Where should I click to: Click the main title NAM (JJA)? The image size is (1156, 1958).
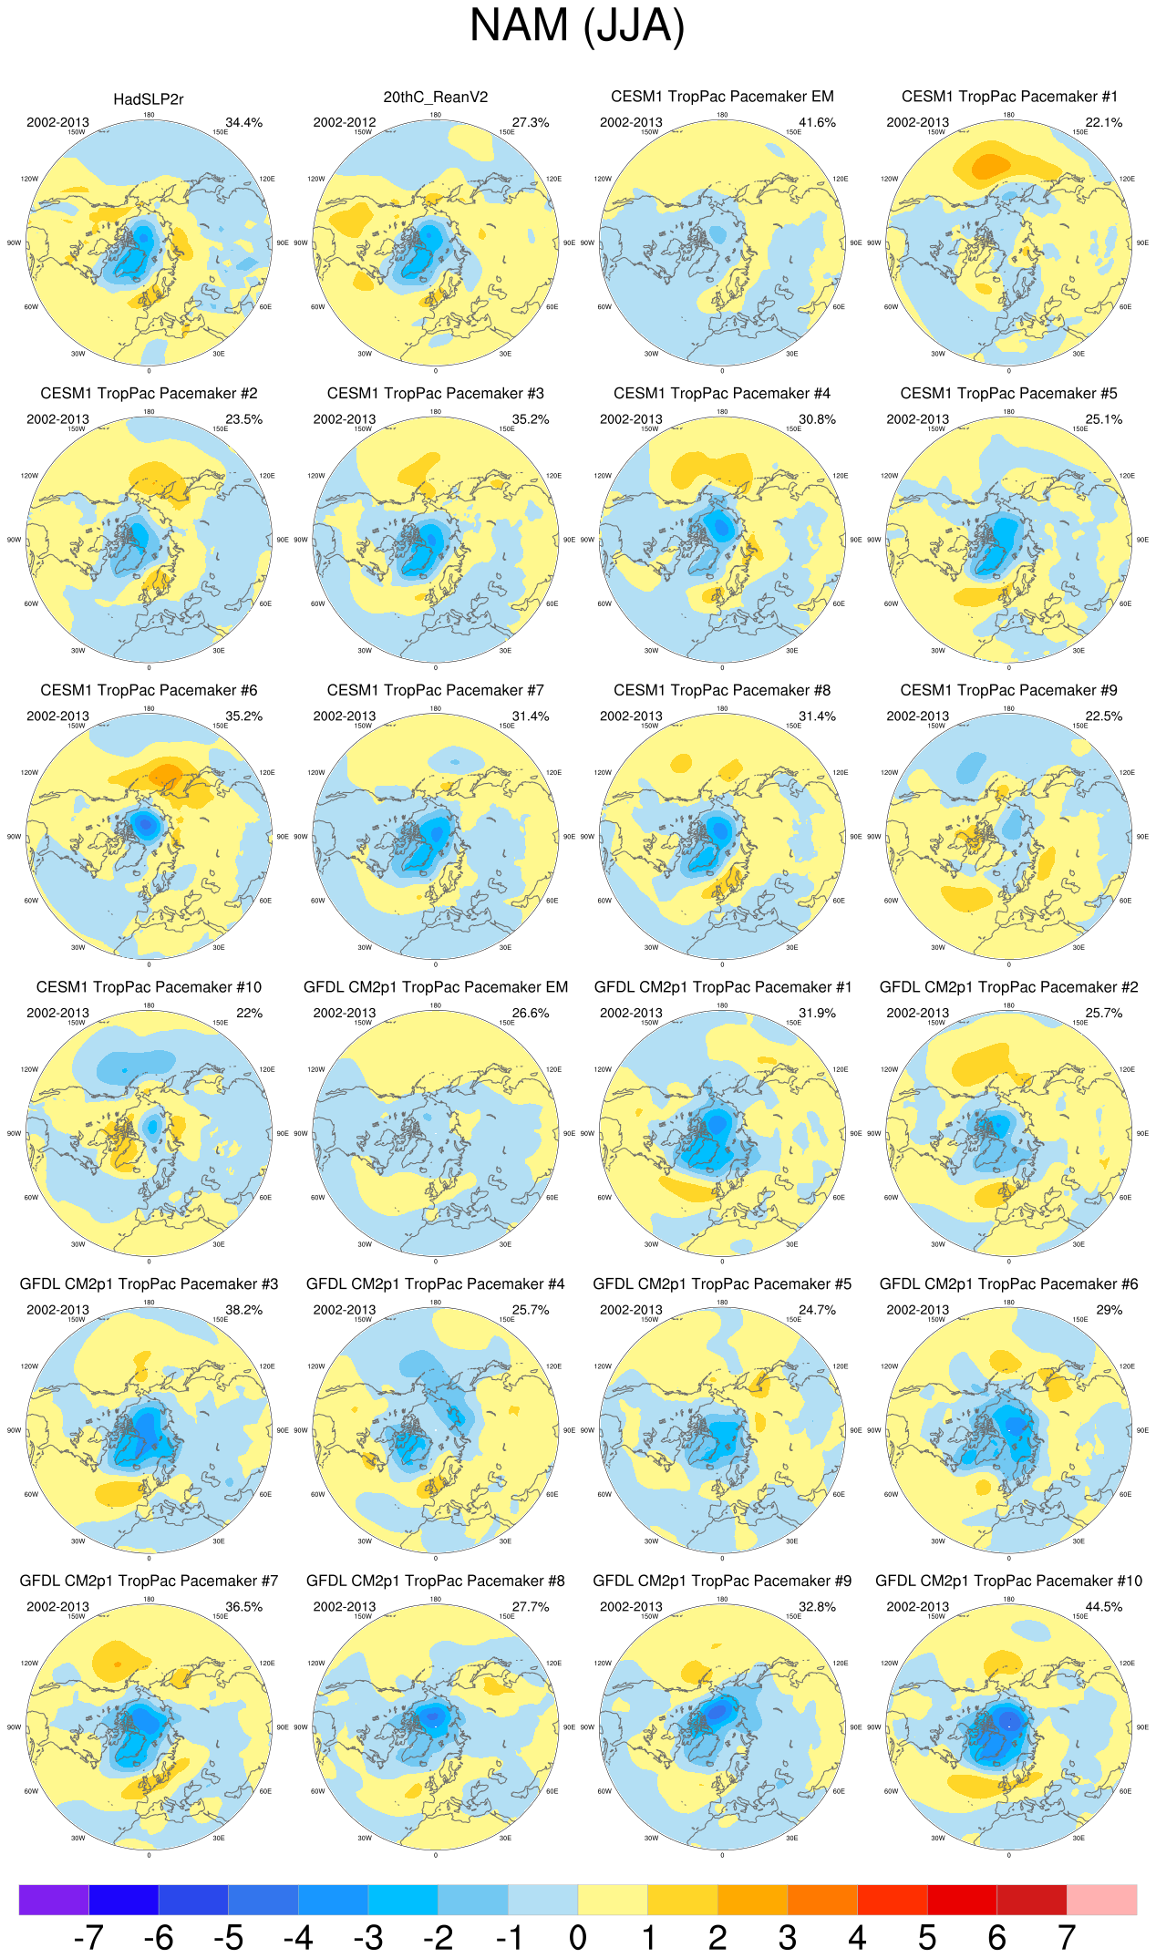tap(576, 26)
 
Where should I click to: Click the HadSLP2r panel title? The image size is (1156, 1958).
tap(149, 99)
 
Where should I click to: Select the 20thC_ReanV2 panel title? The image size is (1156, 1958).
tap(435, 98)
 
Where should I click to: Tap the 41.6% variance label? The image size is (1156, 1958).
tap(817, 123)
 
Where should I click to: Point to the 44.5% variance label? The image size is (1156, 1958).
tap(1104, 1607)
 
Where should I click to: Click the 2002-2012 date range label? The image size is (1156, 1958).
tap(344, 123)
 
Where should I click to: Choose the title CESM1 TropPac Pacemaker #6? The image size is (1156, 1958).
tap(149, 691)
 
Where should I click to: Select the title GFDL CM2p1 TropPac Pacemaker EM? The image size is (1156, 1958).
tap(435, 988)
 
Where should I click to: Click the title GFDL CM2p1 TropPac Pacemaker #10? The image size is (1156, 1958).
tap(1008, 1582)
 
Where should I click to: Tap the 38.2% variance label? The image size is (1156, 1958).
tap(243, 1310)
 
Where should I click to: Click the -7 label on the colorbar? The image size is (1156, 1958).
tap(88, 1937)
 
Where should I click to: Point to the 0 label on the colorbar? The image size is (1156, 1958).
tap(578, 1937)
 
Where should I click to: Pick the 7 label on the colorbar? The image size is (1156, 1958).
tap(1067, 1937)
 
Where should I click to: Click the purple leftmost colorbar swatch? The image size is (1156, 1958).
tap(54, 1900)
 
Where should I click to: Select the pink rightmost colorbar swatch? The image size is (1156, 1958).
tap(1102, 1900)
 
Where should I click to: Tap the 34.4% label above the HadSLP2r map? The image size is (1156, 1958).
tap(243, 123)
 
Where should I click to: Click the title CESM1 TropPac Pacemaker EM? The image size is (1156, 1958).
tap(722, 98)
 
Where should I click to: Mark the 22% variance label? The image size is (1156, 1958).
tap(249, 1014)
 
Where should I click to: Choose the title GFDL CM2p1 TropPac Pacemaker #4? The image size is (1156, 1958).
tap(435, 1284)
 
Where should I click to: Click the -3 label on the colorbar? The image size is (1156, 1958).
tap(367, 1937)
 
